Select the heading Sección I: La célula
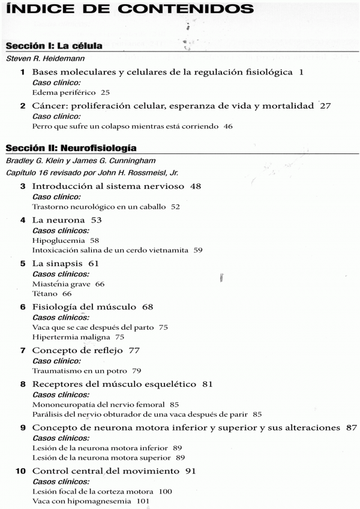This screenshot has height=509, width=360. (53, 46)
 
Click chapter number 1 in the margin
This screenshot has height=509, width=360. (22, 72)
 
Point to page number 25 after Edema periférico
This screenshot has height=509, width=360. (105, 92)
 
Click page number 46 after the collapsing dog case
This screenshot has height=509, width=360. (227, 126)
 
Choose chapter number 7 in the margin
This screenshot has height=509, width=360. (22, 351)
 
